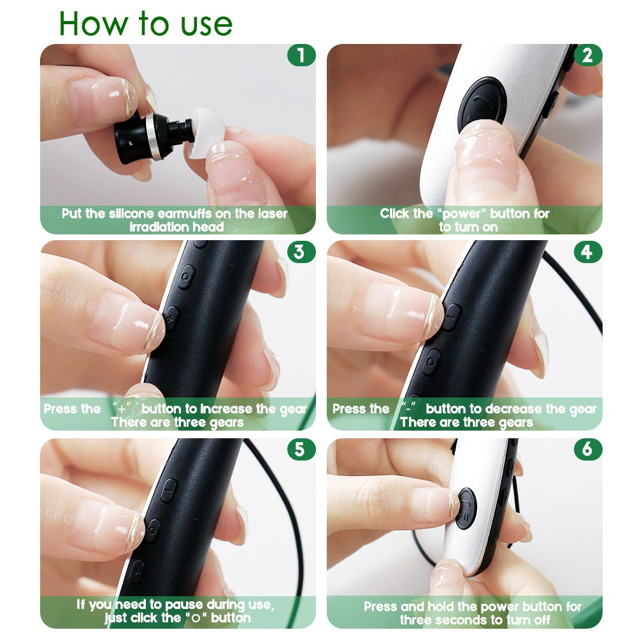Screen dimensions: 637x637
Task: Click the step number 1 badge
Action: [301, 55]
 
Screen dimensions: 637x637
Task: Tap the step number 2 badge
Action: [587, 55]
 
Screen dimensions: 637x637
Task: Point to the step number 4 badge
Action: [587, 252]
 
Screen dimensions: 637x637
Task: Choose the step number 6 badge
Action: [587, 449]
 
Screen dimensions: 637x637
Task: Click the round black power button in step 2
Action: [482, 101]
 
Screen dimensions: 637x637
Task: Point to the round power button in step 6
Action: [466, 507]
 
